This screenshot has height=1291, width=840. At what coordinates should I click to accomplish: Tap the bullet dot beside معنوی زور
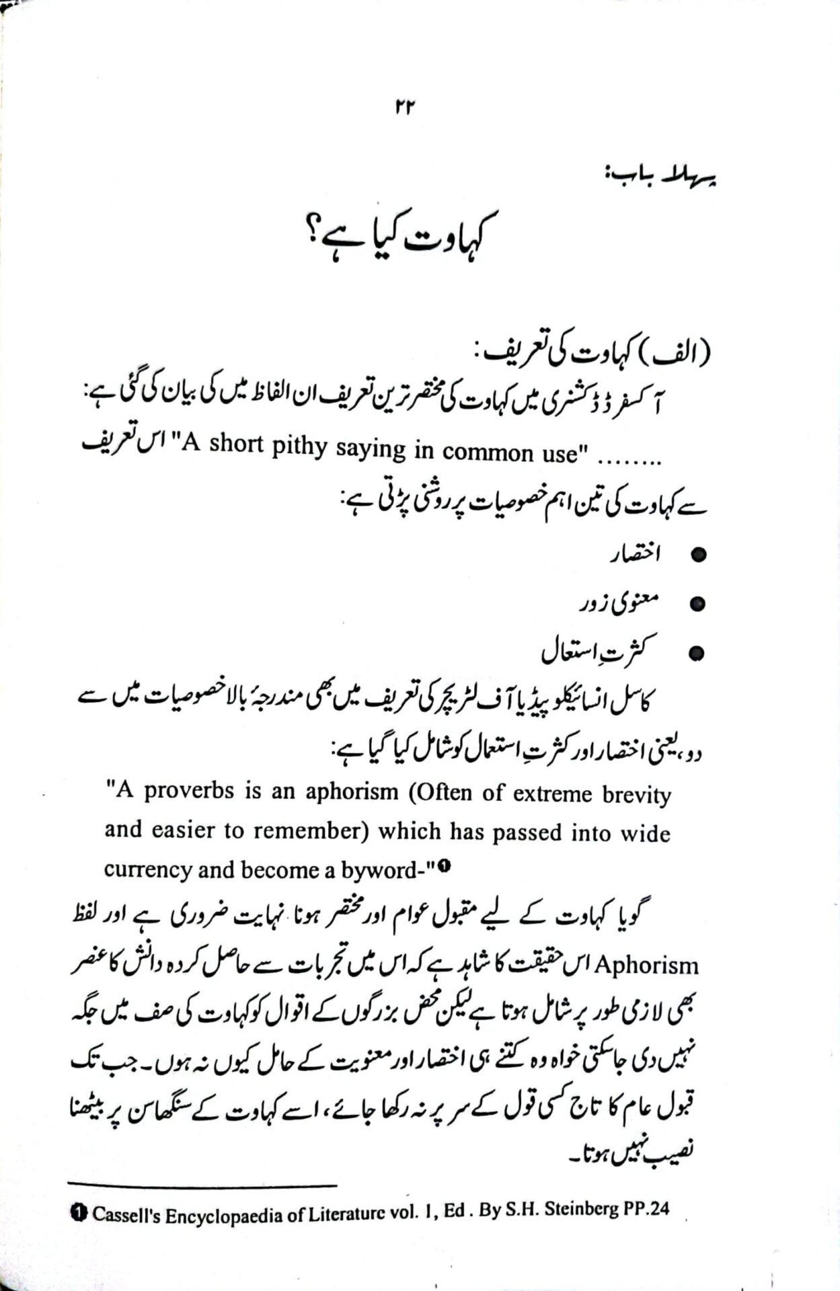(x=699, y=604)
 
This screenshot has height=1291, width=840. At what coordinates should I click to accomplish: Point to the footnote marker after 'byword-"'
(x=445, y=867)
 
